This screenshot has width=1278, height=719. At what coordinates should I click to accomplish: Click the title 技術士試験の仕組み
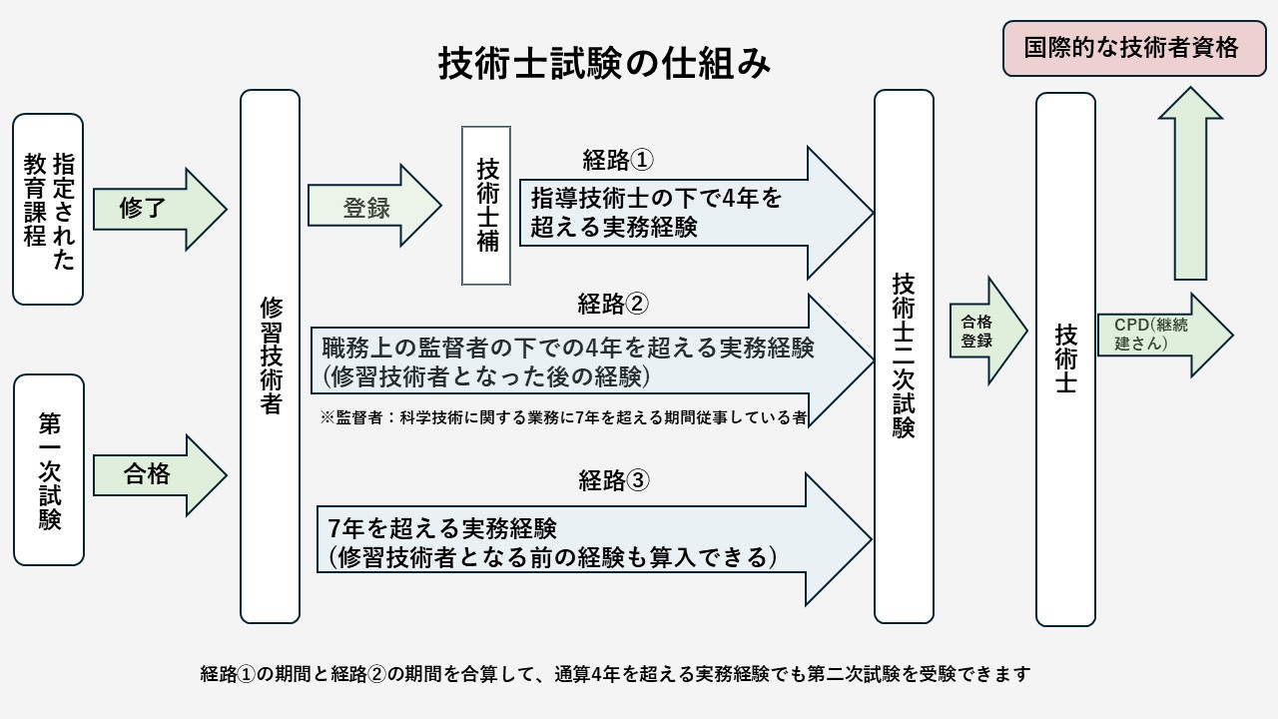pyautogui.click(x=605, y=63)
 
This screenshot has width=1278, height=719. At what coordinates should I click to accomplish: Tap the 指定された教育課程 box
pyautogui.click(x=48, y=209)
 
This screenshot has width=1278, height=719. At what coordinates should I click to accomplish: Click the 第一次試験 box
pyautogui.click(x=48, y=469)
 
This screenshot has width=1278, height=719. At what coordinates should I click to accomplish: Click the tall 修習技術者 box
pyautogui.click(x=270, y=357)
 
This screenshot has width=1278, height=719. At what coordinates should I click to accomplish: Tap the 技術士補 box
pyautogui.click(x=486, y=206)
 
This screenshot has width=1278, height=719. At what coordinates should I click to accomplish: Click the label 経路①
pyautogui.click(x=618, y=159)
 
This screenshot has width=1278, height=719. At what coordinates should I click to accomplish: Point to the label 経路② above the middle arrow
pyautogui.click(x=614, y=303)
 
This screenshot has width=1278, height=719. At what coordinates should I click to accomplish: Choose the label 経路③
pyautogui.click(x=614, y=480)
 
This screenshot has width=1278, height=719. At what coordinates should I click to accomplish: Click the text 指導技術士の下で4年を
pyautogui.click(x=658, y=198)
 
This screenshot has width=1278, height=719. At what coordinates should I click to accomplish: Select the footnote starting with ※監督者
pyautogui.click(x=563, y=417)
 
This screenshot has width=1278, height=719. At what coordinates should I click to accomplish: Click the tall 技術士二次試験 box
pyautogui.click(x=904, y=357)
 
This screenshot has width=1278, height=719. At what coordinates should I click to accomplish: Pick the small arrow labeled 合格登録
pyautogui.click(x=982, y=331)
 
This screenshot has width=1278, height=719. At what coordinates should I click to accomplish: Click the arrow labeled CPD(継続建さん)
pyautogui.click(x=1158, y=335)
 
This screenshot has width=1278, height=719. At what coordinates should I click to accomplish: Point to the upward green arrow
pyautogui.click(x=1190, y=185)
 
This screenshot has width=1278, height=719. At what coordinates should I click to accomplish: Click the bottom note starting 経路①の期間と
pyautogui.click(x=614, y=674)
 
